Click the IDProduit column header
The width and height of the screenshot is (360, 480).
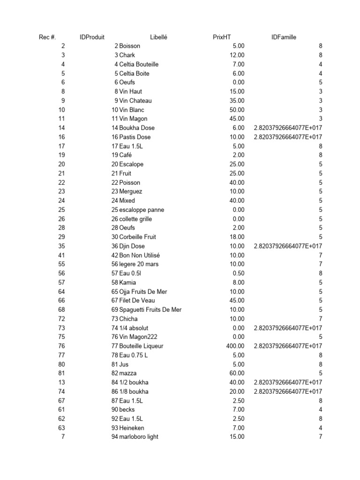tap(92, 37)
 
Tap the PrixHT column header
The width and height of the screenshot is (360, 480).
tap(222, 37)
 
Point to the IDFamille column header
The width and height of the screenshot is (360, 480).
tap(284, 37)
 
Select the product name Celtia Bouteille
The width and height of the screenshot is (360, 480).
tap(139, 64)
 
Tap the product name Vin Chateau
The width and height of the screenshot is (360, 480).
tap(135, 101)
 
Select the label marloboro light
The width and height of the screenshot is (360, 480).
tap(139, 437)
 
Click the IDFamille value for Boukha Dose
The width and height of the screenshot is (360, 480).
tap(288, 128)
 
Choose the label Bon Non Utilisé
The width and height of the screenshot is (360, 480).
tap(139, 255)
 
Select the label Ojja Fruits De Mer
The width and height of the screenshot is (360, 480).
tap(143, 292)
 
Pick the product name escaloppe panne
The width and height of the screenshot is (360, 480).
tap(142, 210)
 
